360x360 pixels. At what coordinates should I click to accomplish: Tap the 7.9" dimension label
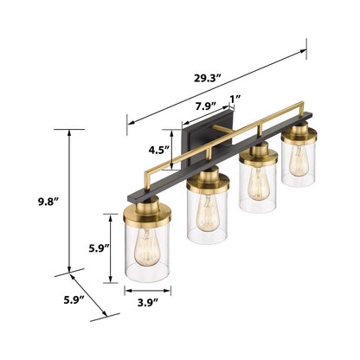206,106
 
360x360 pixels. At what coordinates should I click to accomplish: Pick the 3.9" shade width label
146,303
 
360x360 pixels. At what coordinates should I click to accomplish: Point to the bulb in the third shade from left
257,183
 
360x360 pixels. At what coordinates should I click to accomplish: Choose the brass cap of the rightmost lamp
299,134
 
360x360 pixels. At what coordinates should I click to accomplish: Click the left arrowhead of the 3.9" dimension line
127,292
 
